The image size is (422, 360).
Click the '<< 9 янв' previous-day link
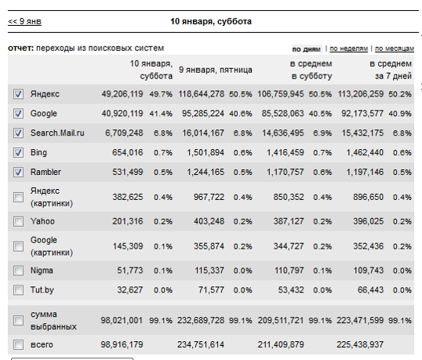coord(24,21)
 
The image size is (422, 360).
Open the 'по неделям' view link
coord(348,49)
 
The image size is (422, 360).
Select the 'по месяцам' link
coord(395,49)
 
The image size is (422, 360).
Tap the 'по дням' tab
coord(306,49)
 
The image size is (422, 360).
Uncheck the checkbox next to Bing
coord(18,153)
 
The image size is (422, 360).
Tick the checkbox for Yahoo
coord(18,221)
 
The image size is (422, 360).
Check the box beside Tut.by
coord(18,290)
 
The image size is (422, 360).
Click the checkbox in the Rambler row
coord(18,172)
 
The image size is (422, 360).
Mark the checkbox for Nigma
coord(18,271)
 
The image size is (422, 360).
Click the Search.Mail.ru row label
coord(57,133)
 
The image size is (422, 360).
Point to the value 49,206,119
coord(122,94)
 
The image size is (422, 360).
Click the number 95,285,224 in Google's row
coord(203,113)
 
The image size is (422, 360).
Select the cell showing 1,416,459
coord(286,153)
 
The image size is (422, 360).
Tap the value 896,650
coord(368,197)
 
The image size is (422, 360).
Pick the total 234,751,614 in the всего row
coord(201,344)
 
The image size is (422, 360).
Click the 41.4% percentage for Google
coord(161,114)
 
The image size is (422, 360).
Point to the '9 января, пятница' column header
coord(216,70)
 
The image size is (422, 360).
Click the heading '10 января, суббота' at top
coord(211,21)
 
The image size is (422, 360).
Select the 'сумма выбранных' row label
coord(53,320)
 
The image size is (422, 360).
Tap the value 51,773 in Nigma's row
coord(129,271)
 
